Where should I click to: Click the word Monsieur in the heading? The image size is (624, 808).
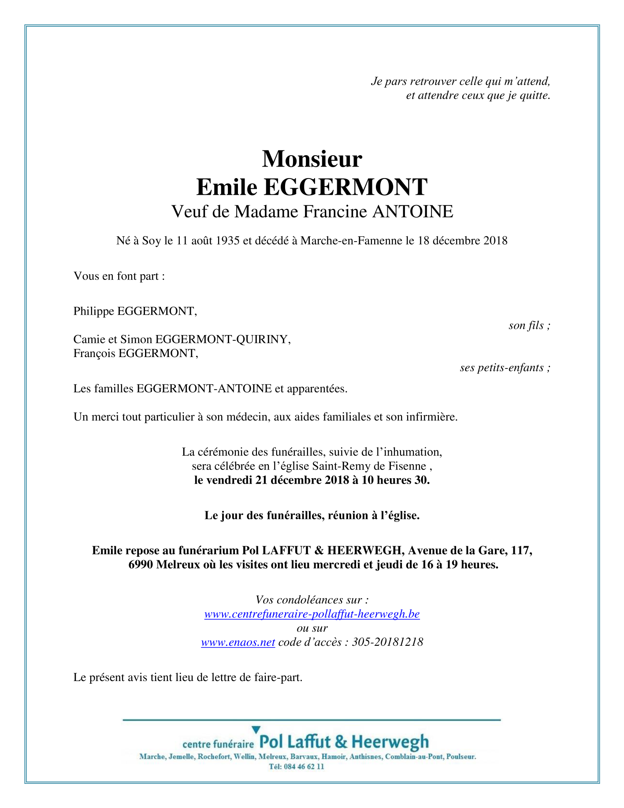pos(312,159)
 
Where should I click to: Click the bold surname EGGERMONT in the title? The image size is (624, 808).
pos(345,187)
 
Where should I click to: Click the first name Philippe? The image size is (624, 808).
pos(94,312)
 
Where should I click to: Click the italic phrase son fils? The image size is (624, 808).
pos(529,326)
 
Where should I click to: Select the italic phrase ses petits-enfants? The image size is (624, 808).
pos(505,368)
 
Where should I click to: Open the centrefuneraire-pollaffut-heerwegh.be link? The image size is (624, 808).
pos(312,614)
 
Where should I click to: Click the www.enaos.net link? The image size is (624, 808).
pos(238,642)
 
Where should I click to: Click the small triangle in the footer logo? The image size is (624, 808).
pos(256,730)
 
